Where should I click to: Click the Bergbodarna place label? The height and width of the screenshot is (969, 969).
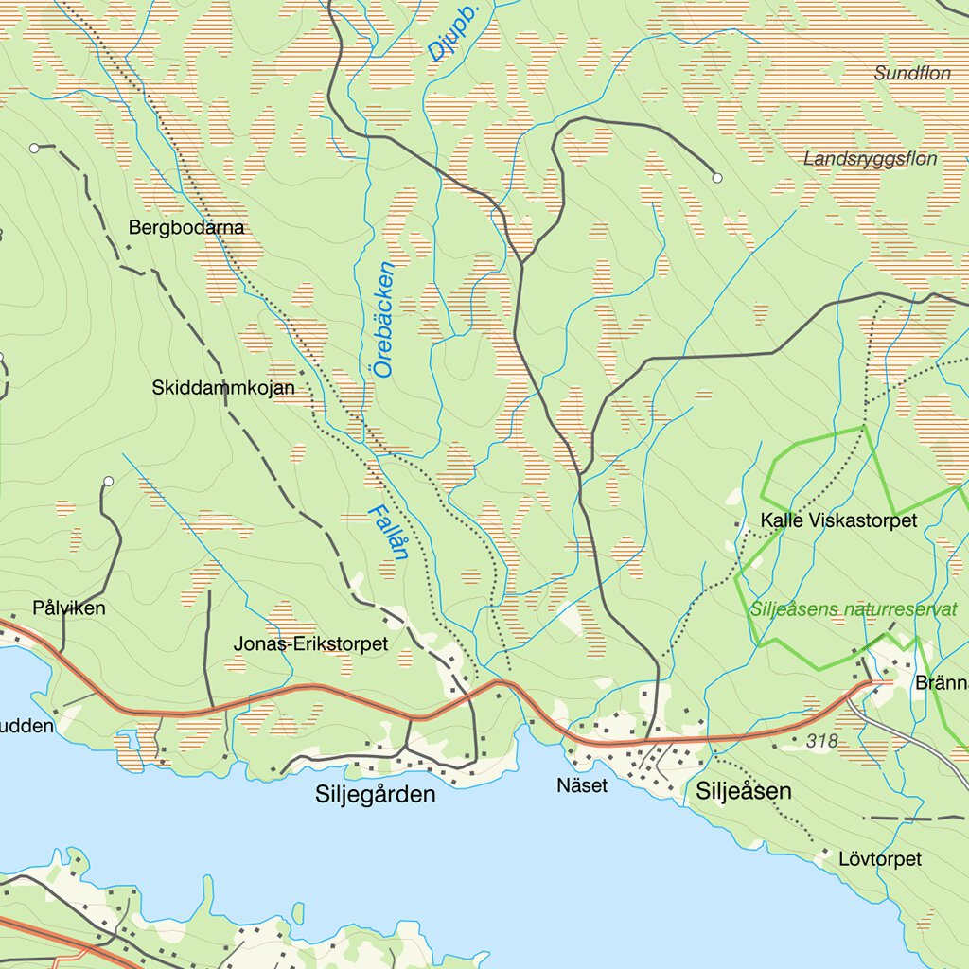186,228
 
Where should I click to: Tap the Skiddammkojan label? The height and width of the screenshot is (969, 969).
223,388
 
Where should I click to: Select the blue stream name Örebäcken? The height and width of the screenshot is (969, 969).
383,320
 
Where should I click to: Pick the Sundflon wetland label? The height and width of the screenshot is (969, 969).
912,73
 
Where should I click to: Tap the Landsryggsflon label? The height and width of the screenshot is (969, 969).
870,159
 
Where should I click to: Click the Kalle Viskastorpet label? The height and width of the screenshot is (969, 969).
838,521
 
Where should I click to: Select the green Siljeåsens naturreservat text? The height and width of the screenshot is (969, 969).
854,609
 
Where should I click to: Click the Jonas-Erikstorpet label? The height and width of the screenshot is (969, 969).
310,644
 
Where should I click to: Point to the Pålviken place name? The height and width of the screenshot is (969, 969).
69,608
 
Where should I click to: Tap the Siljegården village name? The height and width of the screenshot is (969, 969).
376,795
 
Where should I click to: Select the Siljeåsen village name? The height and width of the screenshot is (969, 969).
744,791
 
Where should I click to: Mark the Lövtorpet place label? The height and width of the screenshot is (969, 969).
880,859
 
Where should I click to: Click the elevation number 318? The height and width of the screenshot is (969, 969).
822,742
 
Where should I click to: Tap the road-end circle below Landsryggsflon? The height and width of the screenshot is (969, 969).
717,177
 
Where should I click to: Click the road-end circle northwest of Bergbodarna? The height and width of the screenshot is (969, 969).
34,148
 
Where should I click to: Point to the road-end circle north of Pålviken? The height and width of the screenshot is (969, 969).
109,482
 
